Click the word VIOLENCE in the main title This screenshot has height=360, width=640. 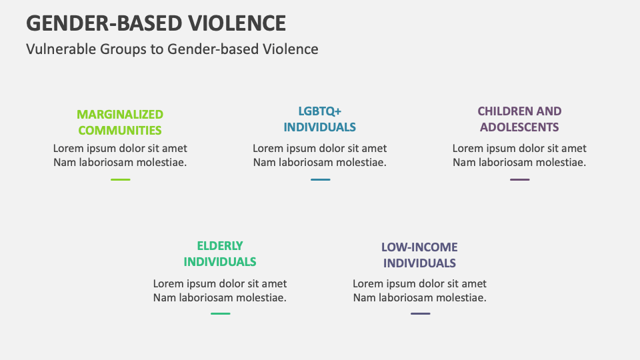click(237, 23)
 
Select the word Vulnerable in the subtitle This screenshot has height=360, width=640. click(61, 49)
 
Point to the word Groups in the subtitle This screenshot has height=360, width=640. click(123, 49)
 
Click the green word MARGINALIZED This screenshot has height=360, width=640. click(120, 114)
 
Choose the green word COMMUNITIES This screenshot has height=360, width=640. click(120, 130)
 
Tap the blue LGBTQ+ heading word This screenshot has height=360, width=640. click(319, 111)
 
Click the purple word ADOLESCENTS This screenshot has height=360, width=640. click(519, 127)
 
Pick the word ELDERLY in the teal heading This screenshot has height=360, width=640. click(220, 246)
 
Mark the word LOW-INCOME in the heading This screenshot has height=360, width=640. click(419, 247)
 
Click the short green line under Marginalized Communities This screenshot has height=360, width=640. click(121, 179)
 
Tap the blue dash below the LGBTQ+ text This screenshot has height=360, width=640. click(321, 179)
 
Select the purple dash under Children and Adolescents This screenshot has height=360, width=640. click(519, 179)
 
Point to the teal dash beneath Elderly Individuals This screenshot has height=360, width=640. click(221, 313)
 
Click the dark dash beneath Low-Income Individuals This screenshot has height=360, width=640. click(421, 313)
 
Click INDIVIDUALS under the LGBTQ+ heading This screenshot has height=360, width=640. click(319, 127)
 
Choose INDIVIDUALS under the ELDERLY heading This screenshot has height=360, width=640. click(220, 261)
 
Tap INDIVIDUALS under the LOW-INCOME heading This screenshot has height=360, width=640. click(419, 263)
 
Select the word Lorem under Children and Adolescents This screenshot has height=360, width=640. click(467, 148)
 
